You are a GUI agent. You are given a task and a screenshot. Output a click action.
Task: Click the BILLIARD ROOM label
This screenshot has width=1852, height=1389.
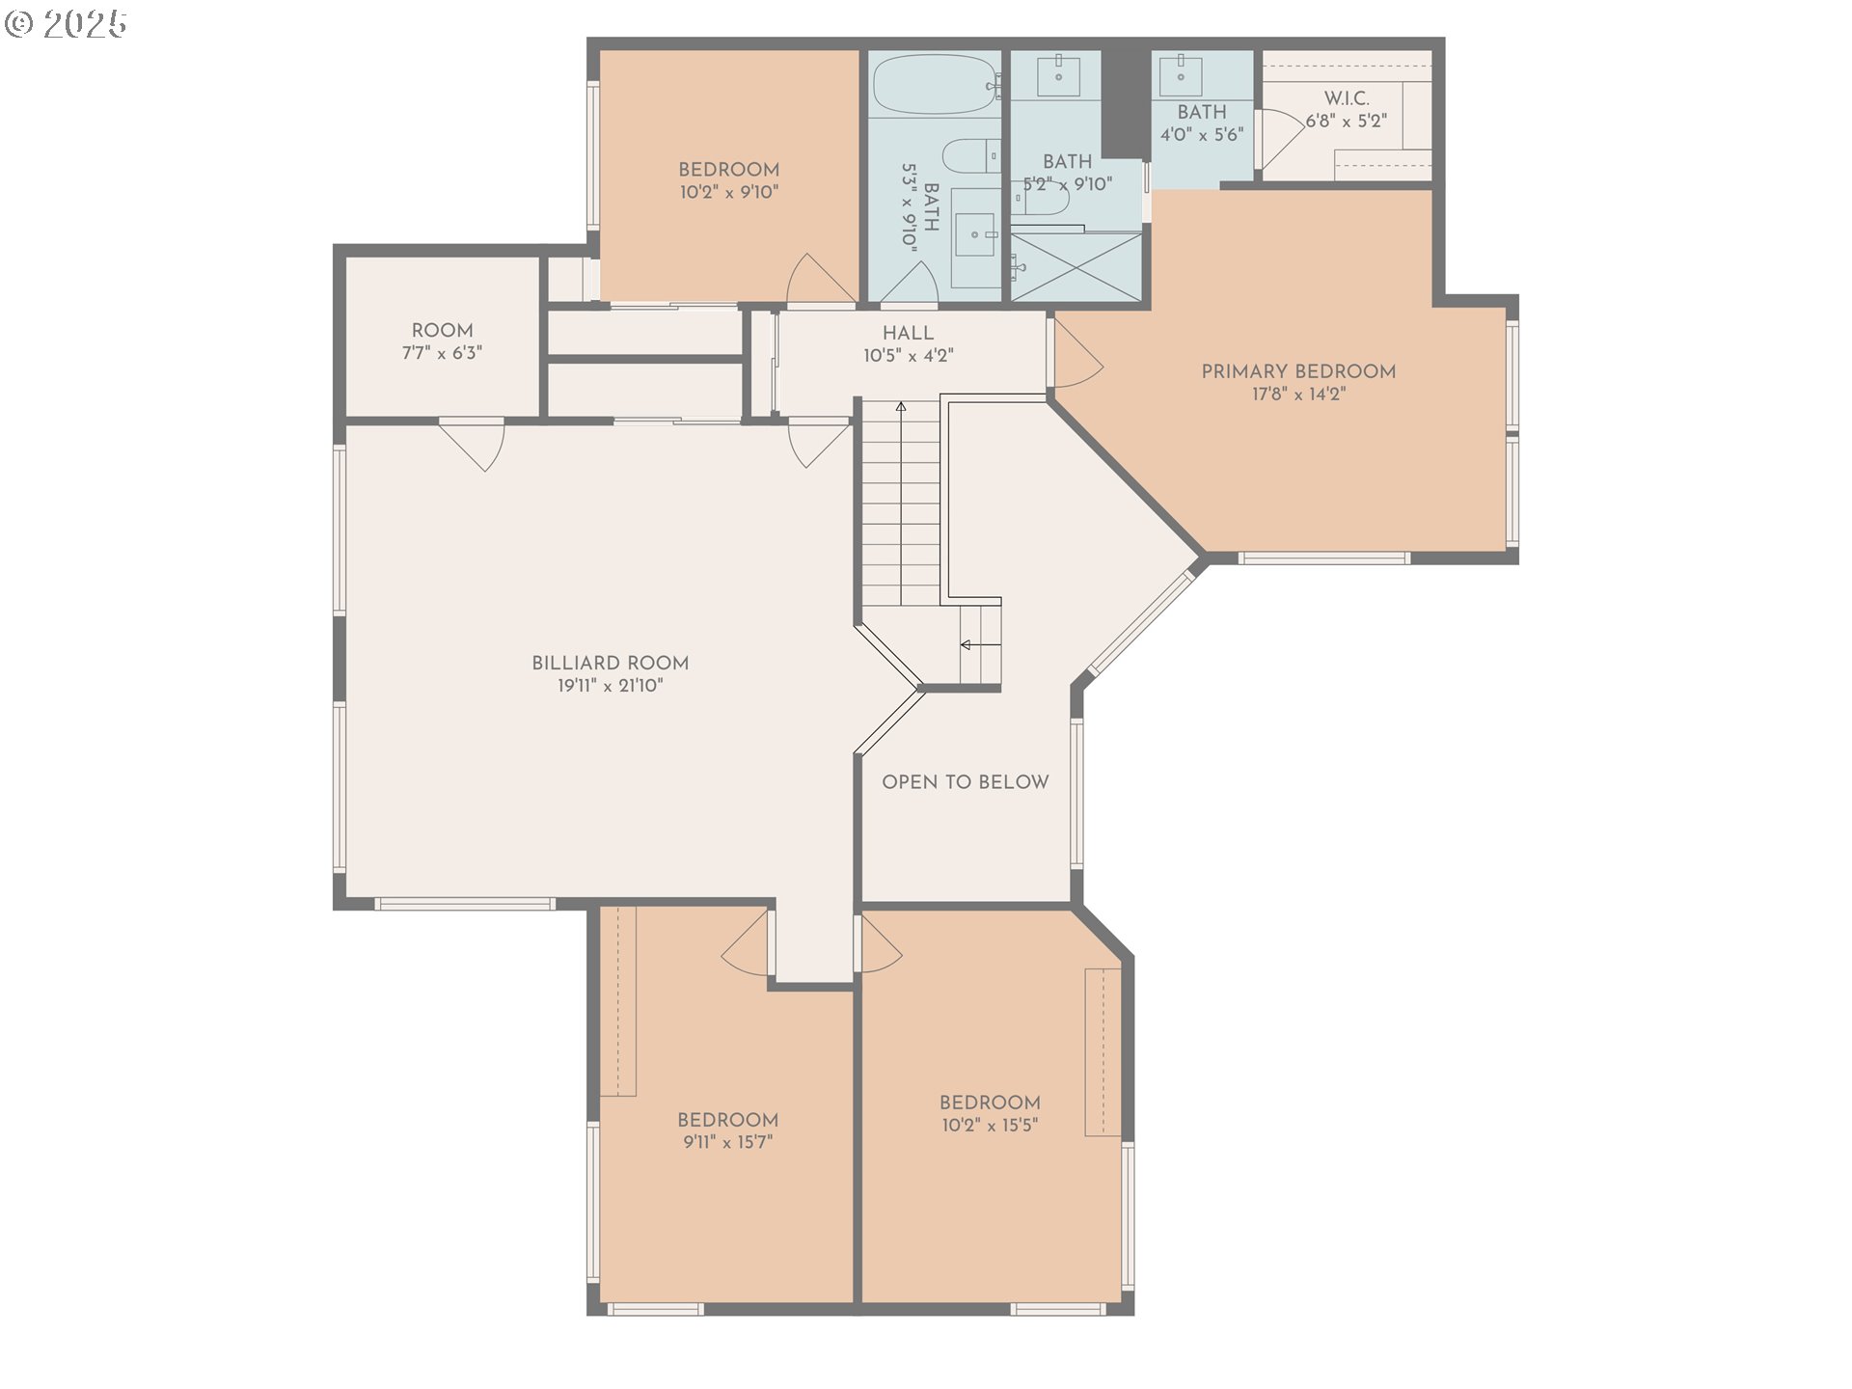[610, 663]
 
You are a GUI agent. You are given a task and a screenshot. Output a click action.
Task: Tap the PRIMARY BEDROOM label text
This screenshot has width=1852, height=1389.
[1298, 371]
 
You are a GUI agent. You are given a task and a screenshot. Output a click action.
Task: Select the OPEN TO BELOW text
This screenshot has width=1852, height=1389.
[965, 782]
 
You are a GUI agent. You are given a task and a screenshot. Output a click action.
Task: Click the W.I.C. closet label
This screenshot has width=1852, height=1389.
[1347, 98]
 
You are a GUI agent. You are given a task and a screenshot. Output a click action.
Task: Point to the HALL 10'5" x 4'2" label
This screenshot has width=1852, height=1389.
[908, 343]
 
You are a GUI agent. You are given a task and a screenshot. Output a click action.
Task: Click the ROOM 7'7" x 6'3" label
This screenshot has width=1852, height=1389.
[442, 341]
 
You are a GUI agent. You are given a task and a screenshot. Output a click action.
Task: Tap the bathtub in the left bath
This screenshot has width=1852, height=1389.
[934, 85]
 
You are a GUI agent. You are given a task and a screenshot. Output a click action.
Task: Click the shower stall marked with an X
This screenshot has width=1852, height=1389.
[1076, 266]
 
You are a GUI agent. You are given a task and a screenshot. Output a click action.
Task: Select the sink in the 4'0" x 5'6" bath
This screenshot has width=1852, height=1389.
[1180, 74]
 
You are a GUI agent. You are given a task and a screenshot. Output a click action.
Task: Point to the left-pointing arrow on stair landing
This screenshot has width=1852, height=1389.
[967, 644]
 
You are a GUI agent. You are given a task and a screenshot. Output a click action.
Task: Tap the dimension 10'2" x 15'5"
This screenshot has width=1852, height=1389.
[990, 1126]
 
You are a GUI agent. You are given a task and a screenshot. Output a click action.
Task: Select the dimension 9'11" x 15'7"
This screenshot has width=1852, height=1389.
[727, 1143]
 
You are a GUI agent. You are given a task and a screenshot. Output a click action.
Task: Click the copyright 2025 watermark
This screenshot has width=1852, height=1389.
[66, 23]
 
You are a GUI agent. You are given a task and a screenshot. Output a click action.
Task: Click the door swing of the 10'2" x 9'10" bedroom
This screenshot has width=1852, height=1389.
[818, 280]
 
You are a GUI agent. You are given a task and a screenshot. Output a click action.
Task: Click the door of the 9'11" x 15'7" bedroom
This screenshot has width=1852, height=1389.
[748, 943]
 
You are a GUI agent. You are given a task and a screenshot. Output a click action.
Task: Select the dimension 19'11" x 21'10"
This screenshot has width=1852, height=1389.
[610, 686]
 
